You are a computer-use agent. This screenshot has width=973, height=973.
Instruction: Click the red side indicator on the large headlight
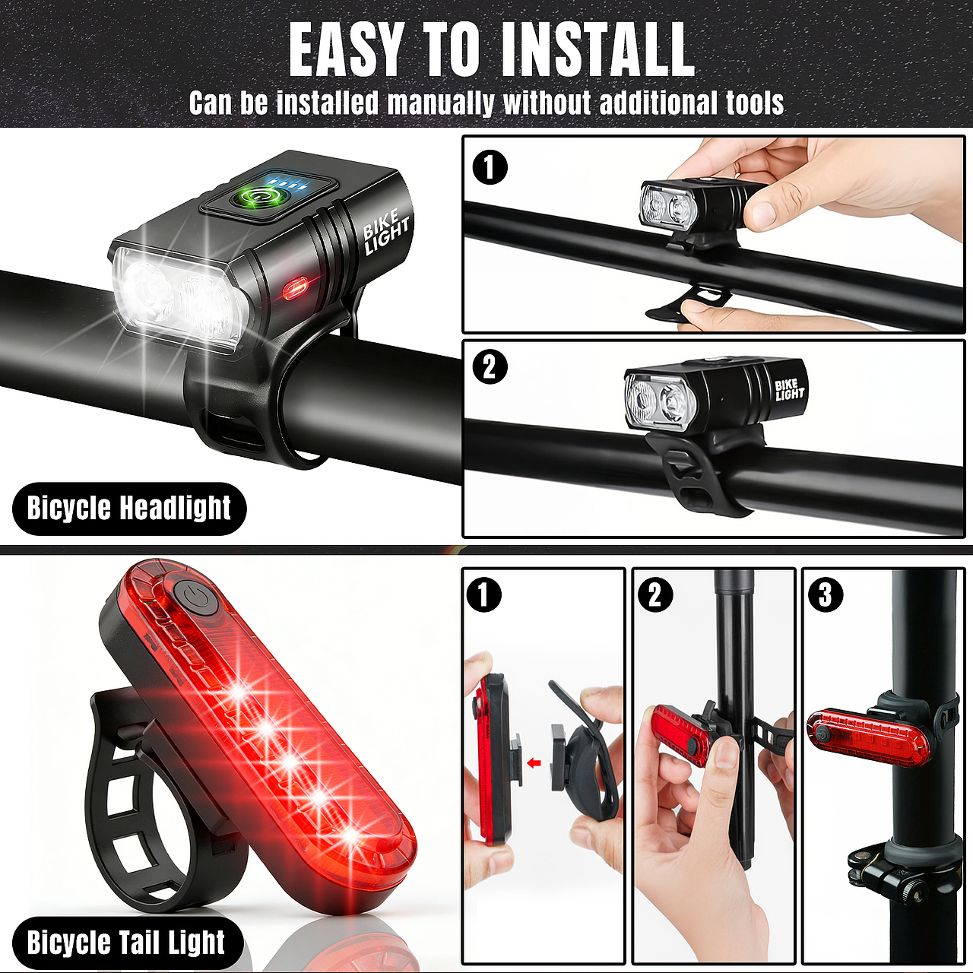[295, 288]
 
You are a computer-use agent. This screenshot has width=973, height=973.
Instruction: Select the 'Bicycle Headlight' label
[129, 508]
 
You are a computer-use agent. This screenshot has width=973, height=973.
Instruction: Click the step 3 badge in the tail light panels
[826, 594]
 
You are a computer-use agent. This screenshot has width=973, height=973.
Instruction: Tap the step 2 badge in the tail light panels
[655, 594]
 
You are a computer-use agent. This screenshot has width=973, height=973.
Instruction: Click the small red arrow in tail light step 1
[533, 763]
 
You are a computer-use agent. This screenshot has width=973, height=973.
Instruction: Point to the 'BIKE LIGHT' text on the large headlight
[386, 233]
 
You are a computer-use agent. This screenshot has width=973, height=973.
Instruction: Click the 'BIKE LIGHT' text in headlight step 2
[789, 390]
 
